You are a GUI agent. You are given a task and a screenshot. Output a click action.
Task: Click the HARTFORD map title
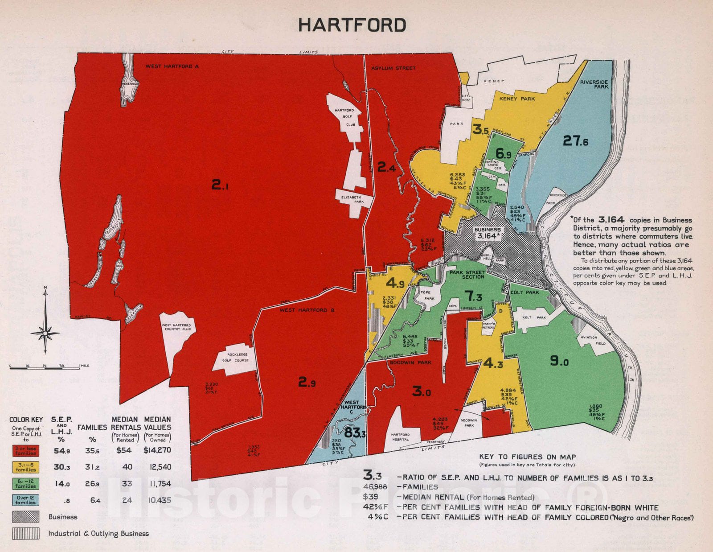point(352,25)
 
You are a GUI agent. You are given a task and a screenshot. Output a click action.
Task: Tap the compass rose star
point(45,333)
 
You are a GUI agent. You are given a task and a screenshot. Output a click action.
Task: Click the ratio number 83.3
point(355,432)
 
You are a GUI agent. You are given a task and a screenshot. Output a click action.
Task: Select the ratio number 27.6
point(575,141)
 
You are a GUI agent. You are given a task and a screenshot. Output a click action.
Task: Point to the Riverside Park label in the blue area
point(594,84)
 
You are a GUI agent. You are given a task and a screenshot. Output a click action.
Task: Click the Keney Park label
point(517,99)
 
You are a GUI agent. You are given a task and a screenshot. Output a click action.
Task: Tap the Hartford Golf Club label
point(344,117)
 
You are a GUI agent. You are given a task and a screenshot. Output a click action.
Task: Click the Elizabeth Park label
point(351,199)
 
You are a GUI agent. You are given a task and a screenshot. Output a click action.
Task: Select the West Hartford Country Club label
point(176,327)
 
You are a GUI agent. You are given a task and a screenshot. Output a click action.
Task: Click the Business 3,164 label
point(488,233)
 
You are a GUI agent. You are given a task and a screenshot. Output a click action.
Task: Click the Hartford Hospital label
point(400,437)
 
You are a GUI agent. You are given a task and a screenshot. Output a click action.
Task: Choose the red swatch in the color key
point(25,450)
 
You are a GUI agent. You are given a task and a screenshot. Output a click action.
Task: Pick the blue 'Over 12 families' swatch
point(25,500)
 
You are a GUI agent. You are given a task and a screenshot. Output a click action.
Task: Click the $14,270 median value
point(157,450)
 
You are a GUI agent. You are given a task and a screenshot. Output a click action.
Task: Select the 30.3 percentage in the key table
point(61,467)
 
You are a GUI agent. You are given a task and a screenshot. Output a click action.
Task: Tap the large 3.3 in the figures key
point(372,475)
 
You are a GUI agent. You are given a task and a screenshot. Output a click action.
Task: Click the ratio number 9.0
point(559,361)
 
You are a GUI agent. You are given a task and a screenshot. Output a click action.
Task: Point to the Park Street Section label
point(467,275)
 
